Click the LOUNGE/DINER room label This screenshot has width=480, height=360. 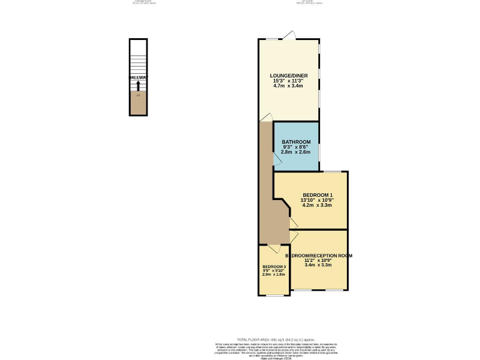[x=288, y=76]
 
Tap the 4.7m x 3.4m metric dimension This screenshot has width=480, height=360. [x=288, y=86]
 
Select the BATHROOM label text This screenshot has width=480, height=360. [x=296, y=142]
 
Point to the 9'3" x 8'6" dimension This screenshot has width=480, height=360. [x=296, y=147]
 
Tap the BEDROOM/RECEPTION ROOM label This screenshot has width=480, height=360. [x=319, y=256]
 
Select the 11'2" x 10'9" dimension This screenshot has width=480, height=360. [x=319, y=261]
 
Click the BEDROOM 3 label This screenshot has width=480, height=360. [x=274, y=267]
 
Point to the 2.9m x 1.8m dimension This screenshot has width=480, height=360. [x=274, y=274]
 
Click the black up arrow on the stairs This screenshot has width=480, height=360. [x=138, y=85]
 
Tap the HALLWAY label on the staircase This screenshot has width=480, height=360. [x=138, y=77]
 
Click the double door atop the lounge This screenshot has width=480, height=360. [x=288, y=36]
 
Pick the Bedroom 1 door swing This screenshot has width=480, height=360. [x=292, y=223]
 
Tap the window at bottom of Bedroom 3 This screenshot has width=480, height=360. [x=274, y=295]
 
